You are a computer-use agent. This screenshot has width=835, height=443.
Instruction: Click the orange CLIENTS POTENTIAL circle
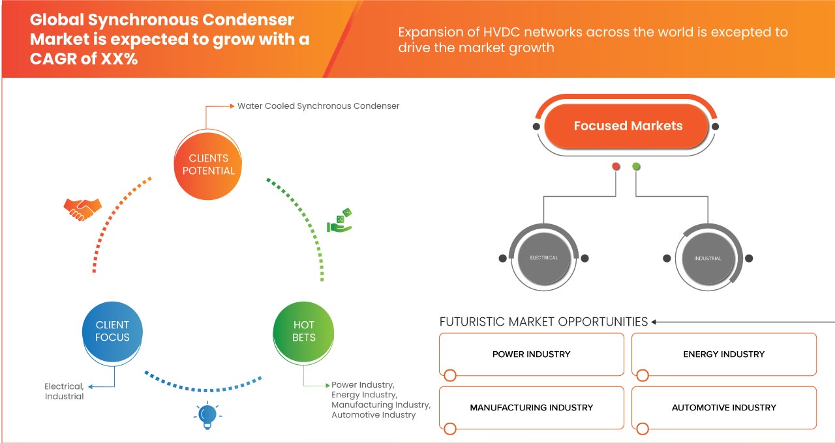[x=209, y=164]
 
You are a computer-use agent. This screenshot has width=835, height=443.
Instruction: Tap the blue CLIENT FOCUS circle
[x=112, y=331]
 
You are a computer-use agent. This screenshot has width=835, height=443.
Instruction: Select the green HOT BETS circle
[x=304, y=331]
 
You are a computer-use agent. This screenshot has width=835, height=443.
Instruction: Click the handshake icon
[x=82, y=208]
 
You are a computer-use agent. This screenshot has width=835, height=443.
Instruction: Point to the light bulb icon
[x=207, y=415]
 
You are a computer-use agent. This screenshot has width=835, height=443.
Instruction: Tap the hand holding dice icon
[x=340, y=221]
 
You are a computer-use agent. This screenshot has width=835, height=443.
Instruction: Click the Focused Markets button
[x=628, y=126]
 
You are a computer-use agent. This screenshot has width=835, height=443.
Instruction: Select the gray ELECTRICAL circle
[x=544, y=258]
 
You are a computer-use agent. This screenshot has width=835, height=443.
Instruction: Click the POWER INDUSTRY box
[x=531, y=354]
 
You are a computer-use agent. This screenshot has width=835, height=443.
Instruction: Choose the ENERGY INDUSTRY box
[x=723, y=354]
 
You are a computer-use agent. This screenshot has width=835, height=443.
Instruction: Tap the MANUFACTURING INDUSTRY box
[x=531, y=408]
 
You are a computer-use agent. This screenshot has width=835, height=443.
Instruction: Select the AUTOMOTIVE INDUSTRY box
[x=723, y=408]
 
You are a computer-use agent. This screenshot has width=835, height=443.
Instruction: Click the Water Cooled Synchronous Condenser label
[x=318, y=106]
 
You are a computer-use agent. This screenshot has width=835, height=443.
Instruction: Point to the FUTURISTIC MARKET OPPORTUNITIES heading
[x=543, y=322]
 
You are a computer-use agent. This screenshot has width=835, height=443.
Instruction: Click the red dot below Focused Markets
[x=616, y=167]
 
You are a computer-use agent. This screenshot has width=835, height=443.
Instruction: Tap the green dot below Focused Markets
[x=636, y=167]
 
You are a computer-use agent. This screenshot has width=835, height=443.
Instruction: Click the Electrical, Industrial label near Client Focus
[x=64, y=392]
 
